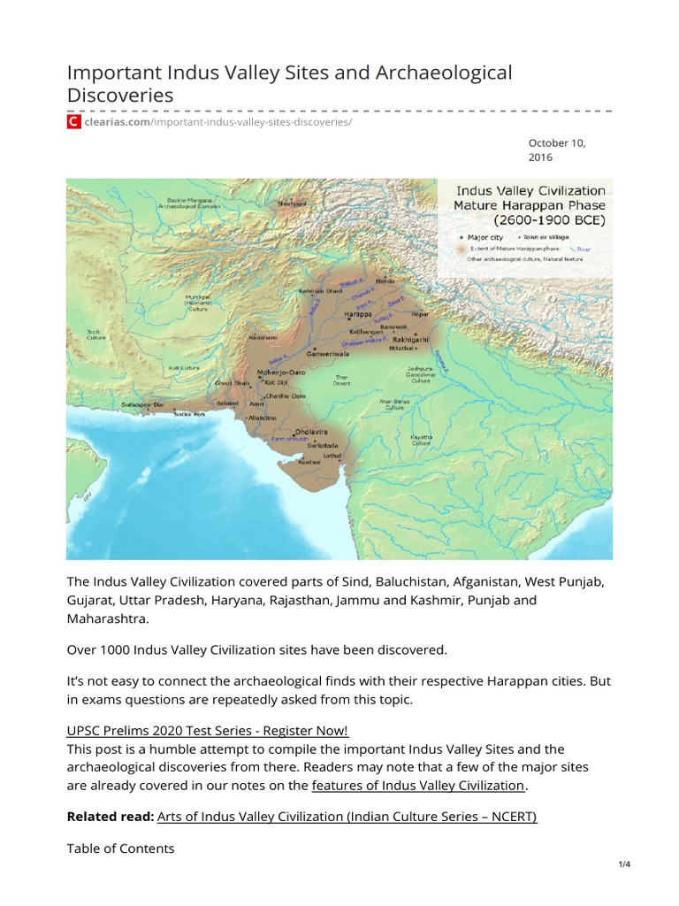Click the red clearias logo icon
click(74, 121)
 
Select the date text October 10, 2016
click(557, 150)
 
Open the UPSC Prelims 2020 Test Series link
click(208, 730)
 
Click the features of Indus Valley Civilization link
click(418, 785)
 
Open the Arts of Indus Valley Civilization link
click(347, 817)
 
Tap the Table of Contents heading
click(120, 848)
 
